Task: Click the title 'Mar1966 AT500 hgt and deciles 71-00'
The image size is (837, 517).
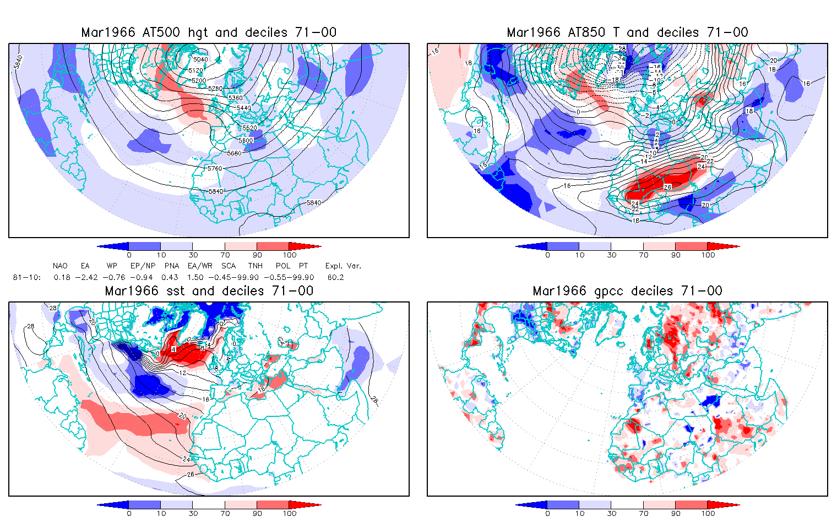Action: click(209, 32)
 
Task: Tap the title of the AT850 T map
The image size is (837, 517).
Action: click(627, 32)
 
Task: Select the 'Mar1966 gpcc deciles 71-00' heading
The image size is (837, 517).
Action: click(627, 291)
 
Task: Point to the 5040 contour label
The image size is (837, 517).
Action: click(200, 59)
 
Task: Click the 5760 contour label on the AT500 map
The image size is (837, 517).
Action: click(214, 168)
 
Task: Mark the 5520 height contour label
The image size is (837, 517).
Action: click(249, 128)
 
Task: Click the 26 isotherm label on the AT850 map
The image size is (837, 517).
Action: click(667, 187)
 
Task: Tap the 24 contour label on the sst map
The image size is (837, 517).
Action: click(187, 459)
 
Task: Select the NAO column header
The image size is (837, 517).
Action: click(60, 266)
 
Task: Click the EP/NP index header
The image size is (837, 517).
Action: click(143, 266)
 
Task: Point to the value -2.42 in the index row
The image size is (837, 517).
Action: click(86, 278)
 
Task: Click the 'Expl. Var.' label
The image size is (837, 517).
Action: click(343, 266)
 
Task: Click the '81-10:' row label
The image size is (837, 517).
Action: click(26, 278)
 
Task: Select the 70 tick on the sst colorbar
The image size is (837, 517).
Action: click(225, 513)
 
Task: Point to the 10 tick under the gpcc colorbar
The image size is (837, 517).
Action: click(579, 513)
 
